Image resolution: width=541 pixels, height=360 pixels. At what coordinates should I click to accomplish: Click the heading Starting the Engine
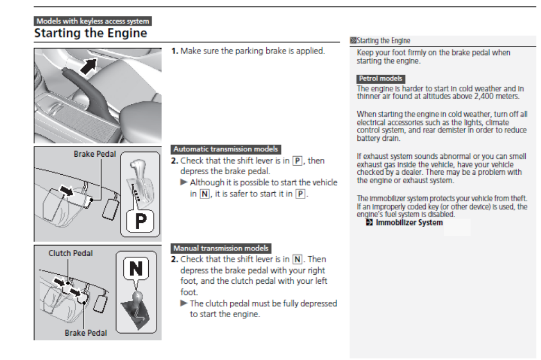pyautogui.click(x=90, y=33)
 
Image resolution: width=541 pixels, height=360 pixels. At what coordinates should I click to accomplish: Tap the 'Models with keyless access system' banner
pyautogui.click(x=93, y=21)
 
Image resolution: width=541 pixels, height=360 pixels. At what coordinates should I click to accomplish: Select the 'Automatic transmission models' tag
pyautogui.click(x=226, y=149)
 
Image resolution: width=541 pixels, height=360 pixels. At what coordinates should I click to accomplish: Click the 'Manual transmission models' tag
pyautogui.click(x=221, y=248)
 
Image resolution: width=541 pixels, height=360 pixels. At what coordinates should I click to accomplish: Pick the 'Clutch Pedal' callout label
pyautogui.click(x=70, y=253)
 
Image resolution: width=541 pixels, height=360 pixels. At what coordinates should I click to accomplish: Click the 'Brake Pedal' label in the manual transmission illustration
pyautogui.click(x=86, y=333)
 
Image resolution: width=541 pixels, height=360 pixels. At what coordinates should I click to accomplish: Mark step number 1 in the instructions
pyautogui.click(x=174, y=52)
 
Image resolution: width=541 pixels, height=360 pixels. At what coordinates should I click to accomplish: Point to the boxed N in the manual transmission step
pyautogui.click(x=297, y=259)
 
